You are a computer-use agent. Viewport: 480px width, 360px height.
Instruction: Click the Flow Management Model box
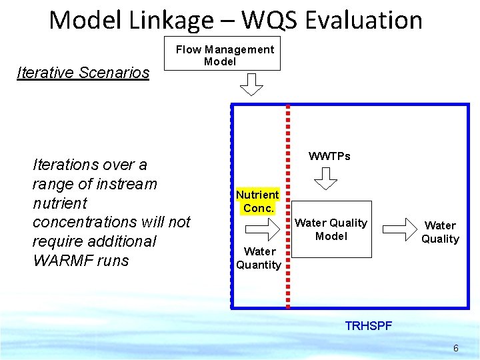(224, 54)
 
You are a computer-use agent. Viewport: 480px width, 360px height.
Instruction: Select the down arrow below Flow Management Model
(251, 85)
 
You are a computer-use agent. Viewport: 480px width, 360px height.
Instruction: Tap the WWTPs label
(329, 156)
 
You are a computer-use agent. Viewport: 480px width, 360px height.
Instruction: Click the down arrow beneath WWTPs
(325, 178)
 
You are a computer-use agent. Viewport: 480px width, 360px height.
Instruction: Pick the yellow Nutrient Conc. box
(257, 201)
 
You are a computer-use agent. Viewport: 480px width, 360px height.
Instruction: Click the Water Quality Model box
(331, 229)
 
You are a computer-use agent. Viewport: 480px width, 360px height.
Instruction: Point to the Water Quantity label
(259, 258)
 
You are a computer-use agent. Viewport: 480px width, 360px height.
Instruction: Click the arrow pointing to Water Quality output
(399, 229)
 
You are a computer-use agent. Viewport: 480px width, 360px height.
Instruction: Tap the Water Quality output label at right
(440, 232)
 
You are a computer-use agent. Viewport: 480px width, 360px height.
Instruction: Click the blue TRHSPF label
(368, 326)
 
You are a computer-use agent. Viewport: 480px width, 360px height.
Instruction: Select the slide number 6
(455, 348)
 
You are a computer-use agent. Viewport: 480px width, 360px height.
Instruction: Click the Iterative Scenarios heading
(83, 73)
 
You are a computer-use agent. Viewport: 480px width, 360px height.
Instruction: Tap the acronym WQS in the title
(269, 20)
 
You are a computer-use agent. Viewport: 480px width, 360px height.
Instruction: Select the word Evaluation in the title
(364, 20)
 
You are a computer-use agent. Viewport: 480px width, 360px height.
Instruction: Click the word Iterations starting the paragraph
(65, 164)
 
